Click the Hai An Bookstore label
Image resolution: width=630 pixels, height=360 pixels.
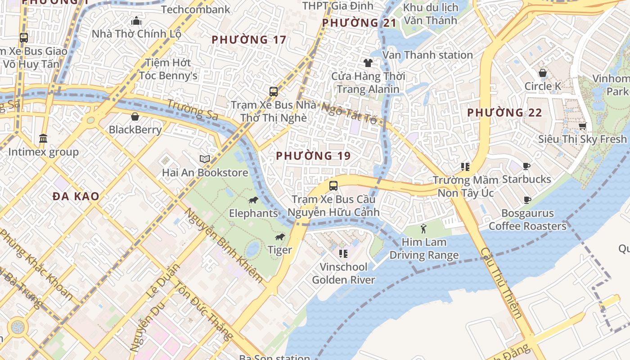(205, 173)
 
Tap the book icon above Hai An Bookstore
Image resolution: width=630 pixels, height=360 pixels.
(205, 159)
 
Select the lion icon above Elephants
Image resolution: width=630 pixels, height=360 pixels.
(253, 200)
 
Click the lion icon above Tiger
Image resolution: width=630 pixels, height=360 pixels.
(280, 237)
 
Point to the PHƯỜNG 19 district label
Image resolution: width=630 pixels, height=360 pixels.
(313, 156)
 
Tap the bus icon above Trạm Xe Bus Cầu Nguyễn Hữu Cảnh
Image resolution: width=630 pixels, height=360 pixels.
(333, 185)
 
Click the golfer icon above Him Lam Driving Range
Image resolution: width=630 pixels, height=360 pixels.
(423, 229)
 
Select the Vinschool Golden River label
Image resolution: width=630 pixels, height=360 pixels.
(343, 273)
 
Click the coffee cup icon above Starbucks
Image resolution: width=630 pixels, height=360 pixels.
(526, 166)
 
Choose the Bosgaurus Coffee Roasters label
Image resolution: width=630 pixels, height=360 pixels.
(527, 220)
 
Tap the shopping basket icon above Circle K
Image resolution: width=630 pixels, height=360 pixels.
(543, 73)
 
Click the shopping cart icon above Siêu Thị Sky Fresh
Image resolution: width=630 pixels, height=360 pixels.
(582, 126)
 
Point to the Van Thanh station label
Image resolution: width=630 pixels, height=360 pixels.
(427, 55)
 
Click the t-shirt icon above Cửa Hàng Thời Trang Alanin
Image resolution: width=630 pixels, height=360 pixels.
(368, 63)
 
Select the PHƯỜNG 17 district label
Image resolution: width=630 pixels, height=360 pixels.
(249, 40)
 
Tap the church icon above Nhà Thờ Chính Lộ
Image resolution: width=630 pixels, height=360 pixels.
(136, 21)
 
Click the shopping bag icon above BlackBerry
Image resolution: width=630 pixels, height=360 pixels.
(135, 117)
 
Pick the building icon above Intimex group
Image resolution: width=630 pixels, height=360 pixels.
(43, 138)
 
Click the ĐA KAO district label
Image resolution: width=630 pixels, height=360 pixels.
(76, 196)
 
